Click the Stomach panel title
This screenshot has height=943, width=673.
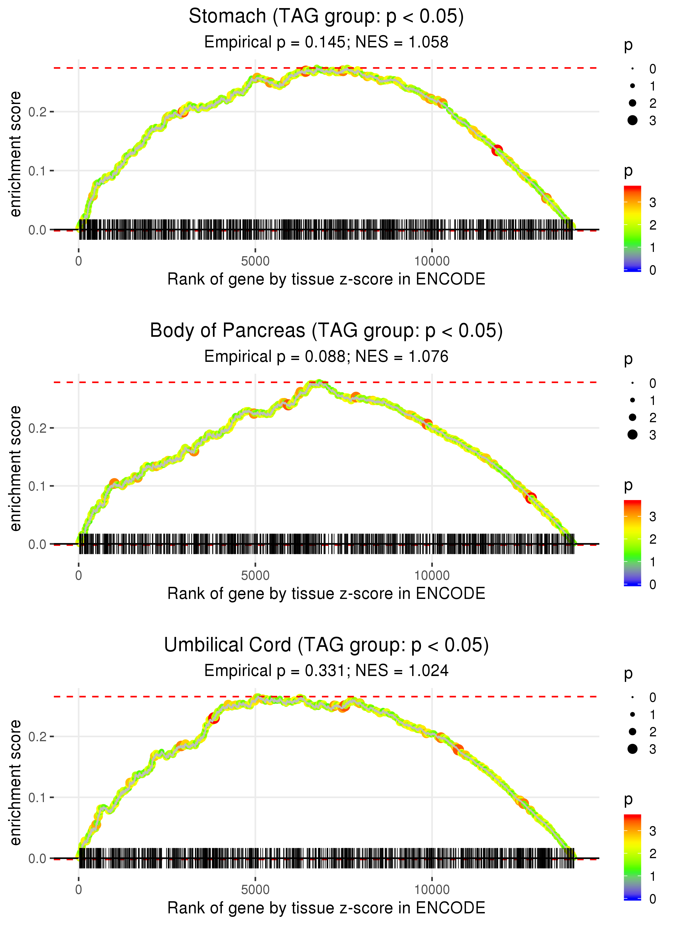pos(326,17)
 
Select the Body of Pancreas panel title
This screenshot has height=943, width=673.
pos(326,331)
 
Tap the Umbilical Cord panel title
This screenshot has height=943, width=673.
pos(326,645)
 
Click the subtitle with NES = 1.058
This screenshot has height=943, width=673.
pos(326,42)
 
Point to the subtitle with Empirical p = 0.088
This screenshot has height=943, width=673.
pos(326,357)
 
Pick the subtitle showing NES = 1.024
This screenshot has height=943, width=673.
pos(326,671)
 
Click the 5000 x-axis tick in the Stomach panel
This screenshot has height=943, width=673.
pos(255,261)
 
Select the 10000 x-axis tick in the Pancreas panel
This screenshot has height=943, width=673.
pos(432,575)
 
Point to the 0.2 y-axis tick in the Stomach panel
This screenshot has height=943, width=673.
pos(37,112)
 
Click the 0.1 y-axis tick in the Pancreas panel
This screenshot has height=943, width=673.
pos(37,486)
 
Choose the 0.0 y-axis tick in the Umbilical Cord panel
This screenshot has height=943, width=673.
pos(37,858)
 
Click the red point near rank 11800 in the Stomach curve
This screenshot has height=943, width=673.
pos(497,150)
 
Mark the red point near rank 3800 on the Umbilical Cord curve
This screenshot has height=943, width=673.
pos(214,718)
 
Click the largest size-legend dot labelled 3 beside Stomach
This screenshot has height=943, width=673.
pos(632,120)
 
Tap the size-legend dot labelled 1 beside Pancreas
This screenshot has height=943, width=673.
pos(632,400)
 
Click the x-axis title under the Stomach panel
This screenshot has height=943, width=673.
pos(326,279)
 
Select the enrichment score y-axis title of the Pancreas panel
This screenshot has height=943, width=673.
pos(15,469)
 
